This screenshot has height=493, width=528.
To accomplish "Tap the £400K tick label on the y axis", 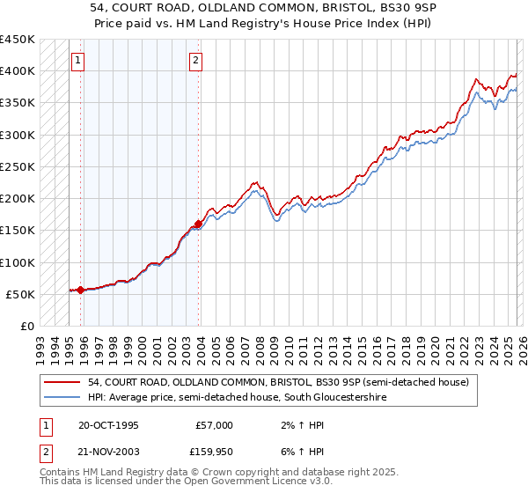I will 17,71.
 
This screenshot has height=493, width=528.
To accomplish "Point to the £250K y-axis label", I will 17,166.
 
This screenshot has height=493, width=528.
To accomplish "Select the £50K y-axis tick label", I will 20,294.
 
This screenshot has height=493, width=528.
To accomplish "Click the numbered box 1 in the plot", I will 78,61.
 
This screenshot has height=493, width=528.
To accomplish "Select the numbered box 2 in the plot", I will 195,61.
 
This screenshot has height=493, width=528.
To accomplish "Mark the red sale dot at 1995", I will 80,290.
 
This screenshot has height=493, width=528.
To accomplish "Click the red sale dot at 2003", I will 198,224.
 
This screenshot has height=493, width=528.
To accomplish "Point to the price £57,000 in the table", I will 214,425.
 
